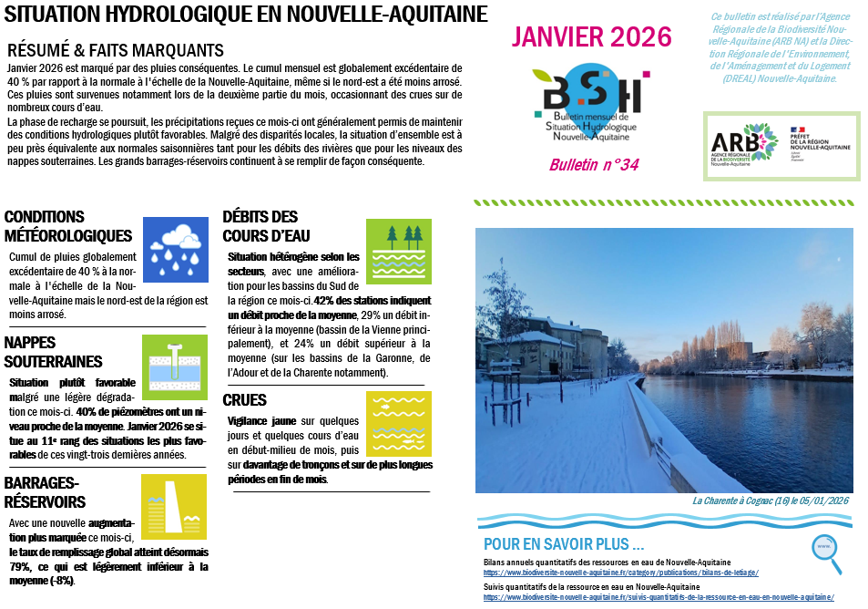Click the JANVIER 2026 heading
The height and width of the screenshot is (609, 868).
pyautogui.click(x=591, y=37)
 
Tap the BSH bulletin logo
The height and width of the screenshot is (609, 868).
pyautogui.click(x=591, y=100)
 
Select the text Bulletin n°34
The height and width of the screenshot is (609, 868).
pyautogui.click(x=593, y=165)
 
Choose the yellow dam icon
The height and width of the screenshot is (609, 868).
pyautogui.click(x=175, y=506)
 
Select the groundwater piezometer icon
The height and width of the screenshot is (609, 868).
pyautogui.click(x=175, y=366)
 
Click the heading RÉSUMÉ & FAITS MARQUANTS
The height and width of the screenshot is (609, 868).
pyautogui.click(x=115, y=50)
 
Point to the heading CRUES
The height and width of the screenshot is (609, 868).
pyautogui.click(x=245, y=400)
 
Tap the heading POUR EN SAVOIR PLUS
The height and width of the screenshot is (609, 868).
pyautogui.click(x=564, y=544)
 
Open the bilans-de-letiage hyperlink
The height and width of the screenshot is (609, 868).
pyautogui.click(x=620, y=573)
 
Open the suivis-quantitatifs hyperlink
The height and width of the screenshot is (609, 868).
pyautogui.click(x=658, y=597)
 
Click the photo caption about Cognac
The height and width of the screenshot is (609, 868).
pyautogui.click(x=770, y=501)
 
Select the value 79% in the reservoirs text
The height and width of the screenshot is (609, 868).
pyautogui.click(x=21, y=566)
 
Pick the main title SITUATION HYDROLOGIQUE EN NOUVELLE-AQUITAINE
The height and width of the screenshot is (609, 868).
pyautogui.click(x=246, y=15)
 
